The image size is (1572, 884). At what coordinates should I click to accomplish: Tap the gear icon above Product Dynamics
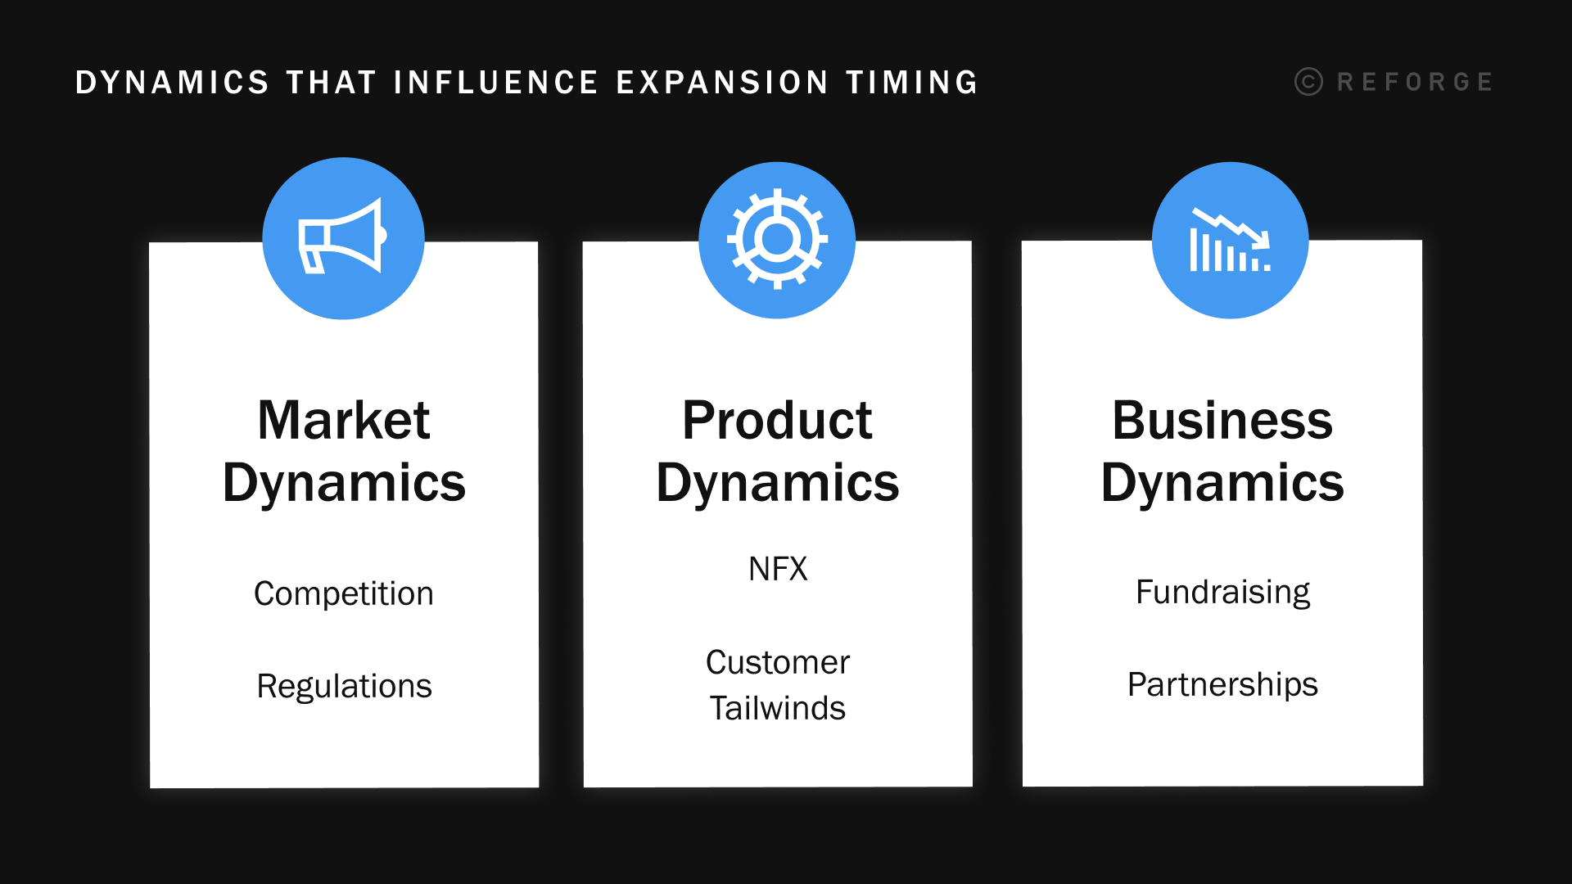point(777,239)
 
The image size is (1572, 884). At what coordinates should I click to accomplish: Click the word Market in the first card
point(344,421)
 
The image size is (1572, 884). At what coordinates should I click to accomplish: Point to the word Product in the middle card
point(777,421)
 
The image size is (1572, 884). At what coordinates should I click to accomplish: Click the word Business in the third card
point(1222,421)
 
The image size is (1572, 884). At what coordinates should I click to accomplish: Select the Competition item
point(344,593)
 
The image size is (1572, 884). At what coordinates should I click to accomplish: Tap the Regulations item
point(344,686)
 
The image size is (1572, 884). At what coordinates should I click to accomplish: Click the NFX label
point(778,569)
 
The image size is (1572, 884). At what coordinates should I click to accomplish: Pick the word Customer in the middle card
point(778,662)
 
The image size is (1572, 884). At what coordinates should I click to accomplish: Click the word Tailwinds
point(778,708)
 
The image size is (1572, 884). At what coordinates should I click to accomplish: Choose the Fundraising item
point(1222,592)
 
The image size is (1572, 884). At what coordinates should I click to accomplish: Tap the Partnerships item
point(1222,684)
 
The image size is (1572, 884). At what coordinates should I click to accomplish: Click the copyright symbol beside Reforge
point(1308,82)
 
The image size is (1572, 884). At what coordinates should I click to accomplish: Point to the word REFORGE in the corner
point(1415,82)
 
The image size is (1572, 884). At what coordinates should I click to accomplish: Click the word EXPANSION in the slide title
point(722,83)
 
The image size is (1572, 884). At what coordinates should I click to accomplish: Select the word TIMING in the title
point(912,83)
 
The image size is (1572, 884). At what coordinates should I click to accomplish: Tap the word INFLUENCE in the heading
point(496,83)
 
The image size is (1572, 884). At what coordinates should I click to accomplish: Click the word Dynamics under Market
point(344,483)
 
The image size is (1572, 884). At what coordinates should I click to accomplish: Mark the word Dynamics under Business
point(1222,483)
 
